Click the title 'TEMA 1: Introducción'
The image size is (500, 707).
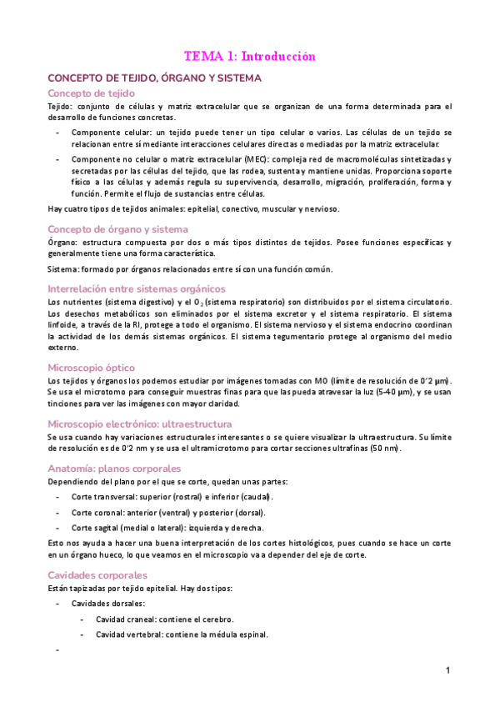tap(250, 57)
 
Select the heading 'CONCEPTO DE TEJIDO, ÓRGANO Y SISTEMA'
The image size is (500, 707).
tap(155, 78)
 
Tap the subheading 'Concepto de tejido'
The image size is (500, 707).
tap(92, 93)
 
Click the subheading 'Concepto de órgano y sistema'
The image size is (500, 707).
tap(117, 228)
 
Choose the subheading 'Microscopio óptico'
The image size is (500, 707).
tap(92, 368)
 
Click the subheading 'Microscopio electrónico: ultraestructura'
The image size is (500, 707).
tap(140, 424)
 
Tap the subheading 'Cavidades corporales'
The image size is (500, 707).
tap(97, 575)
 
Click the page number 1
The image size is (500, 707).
tap(447, 670)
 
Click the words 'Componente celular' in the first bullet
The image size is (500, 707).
tap(107, 133)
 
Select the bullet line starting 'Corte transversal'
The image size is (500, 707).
tap(172, 497)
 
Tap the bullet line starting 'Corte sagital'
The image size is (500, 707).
tap(167, 528)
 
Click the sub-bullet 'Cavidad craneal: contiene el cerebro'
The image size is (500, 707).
tap(164, 619)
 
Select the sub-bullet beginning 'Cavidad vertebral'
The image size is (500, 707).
tap(182, 634)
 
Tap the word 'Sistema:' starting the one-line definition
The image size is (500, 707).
tap(63, 268)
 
